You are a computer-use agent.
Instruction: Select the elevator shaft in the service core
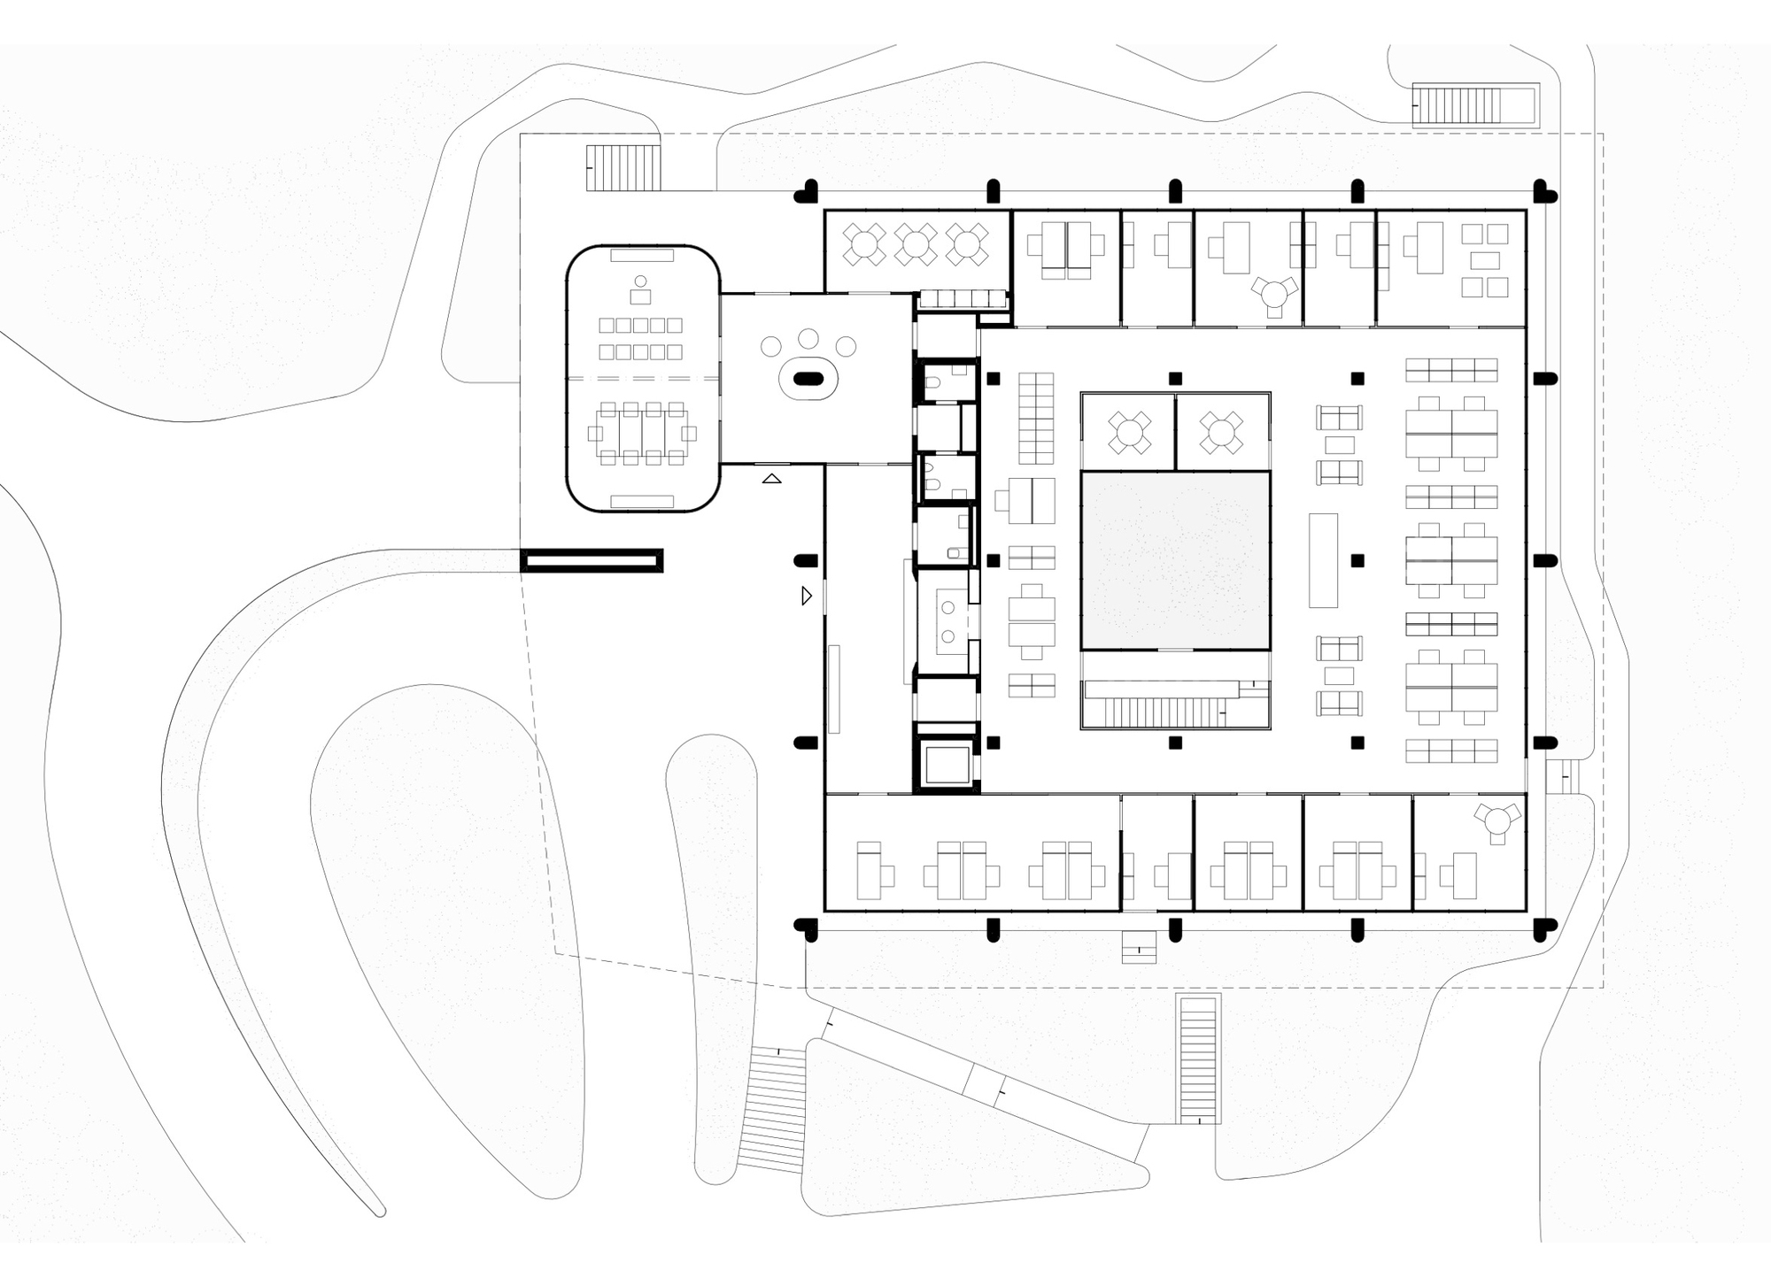point(945,765)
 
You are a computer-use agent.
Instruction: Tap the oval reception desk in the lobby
point(807,380)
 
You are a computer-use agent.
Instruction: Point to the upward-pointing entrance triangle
point(772,479)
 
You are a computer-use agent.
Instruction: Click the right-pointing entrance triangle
point(806,596)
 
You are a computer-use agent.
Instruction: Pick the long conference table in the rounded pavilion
point(642,434)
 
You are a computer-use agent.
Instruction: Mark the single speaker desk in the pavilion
point(640,295)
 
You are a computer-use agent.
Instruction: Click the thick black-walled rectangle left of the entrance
point(592,560)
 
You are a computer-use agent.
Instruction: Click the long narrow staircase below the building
point(1198,1059)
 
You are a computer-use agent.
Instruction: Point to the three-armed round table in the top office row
point(1274,293)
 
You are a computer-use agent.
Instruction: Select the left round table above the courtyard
point(1129,433)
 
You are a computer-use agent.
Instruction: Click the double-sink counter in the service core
point(949,621)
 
